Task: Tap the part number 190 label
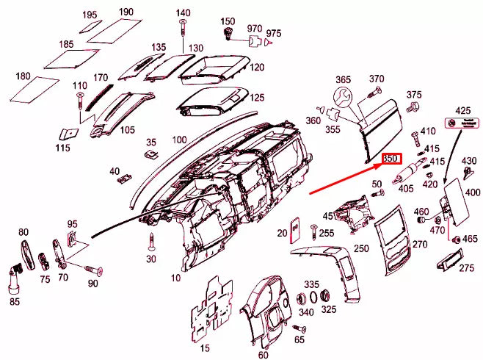pyautogui.click(x=126, y=12)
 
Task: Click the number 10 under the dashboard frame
pyautogui.click(x=175, y=278)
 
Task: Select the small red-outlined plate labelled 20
pyautogui.click(x=294, y=228)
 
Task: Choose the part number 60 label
pyautogui.click(x=263, y=355)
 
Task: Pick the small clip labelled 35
pyautogui.click(x=152, y=154)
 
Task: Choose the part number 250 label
pyautogui.click(x=361, y=248)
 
